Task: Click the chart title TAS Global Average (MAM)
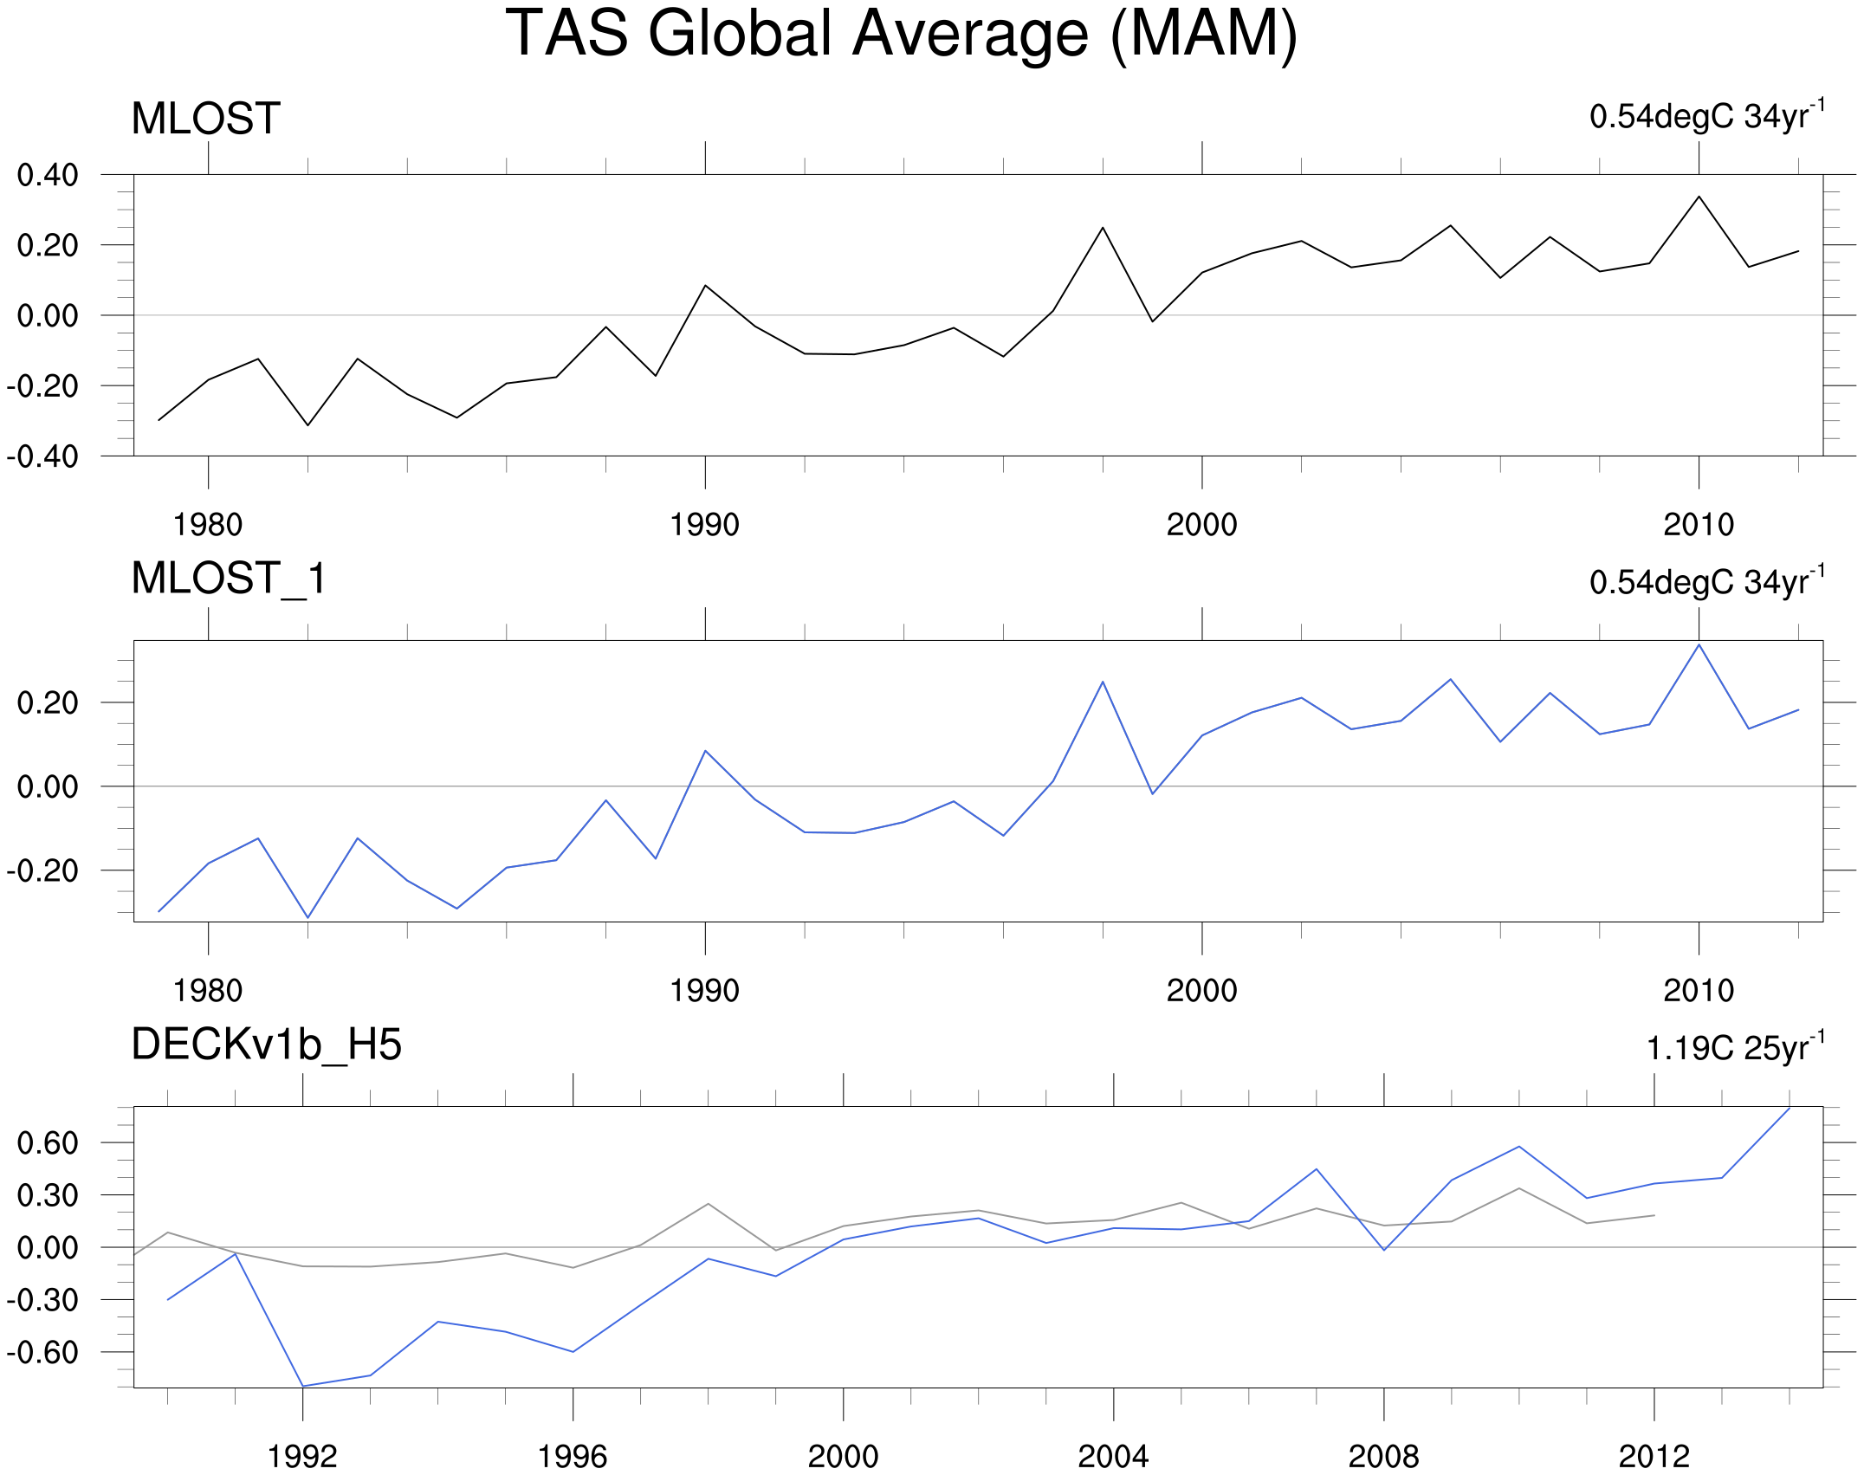[901, 35]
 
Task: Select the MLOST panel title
[206, 119]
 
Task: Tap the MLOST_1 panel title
[229, 579]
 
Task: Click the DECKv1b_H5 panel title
[266, 1045]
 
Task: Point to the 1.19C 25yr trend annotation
[1734, 1047]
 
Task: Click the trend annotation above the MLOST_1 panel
[1706, 581]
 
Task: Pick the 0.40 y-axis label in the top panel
[48, 176]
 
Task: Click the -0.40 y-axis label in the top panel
[42, 456]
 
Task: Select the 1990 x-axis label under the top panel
[704, 525]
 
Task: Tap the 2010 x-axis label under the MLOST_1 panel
[1699, 991]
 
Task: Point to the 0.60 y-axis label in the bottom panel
[48, 1143]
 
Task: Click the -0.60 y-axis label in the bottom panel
[42, 1353]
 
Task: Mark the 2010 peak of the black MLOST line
[1699, 197]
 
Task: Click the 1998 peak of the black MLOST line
[1103, 228]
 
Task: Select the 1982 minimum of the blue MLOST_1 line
[307, 917]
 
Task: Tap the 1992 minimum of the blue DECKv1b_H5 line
[303, 1386]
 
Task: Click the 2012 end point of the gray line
[1654, 1215]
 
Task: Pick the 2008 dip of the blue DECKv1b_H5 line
[1384, 1250]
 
